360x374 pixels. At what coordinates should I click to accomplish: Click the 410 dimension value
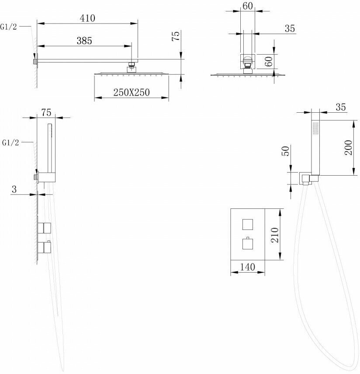pyautogui.click(x=87, y=18)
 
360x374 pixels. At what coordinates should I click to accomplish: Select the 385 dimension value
pyautogui.click(x=84, y=41)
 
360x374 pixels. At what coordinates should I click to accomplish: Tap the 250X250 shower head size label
pyautogui.click(x=132, y=93)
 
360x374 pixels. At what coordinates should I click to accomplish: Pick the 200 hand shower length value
pyautogui.click(x=348, y=148)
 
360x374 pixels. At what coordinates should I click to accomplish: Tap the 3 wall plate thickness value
pyautogui.click(x=14, y=189)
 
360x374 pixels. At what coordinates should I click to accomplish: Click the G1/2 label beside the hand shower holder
pyautogui.click(x=10, y=142)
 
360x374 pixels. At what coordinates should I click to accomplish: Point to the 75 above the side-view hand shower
pyautogui.click(x=46, y=112)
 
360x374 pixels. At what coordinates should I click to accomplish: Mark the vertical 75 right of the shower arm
pyautogui.click(x=176, y=36)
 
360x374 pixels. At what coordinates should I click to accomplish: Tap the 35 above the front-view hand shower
pyautogui.click(x=341, y=106)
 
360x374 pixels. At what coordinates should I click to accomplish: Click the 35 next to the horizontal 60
pyautogui.click(x=290, y=28)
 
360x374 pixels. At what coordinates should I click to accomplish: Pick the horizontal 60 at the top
pyautogui.click(x=248, y=6)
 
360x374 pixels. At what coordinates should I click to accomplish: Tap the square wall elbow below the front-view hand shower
pyautogui.click(x=305, y=178)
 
